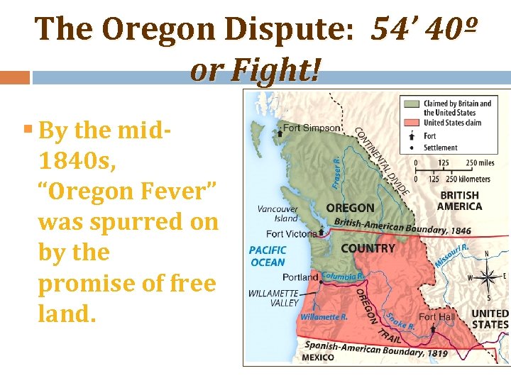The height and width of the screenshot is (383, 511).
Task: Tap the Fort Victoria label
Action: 292,233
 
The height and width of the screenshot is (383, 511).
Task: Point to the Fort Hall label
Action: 436,316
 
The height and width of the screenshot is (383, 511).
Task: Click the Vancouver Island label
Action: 278,213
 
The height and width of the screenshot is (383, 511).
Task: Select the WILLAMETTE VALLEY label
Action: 273,298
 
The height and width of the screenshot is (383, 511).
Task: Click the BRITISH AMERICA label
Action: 460,201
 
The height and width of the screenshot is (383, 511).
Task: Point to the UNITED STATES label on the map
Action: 490,318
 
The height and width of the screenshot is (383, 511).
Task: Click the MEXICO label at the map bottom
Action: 317,357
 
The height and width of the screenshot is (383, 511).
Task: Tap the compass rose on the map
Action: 488,276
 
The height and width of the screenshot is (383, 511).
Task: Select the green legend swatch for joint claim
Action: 411,104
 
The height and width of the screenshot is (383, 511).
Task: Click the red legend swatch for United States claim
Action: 411,122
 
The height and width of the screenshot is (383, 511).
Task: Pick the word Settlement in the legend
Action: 441,148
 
